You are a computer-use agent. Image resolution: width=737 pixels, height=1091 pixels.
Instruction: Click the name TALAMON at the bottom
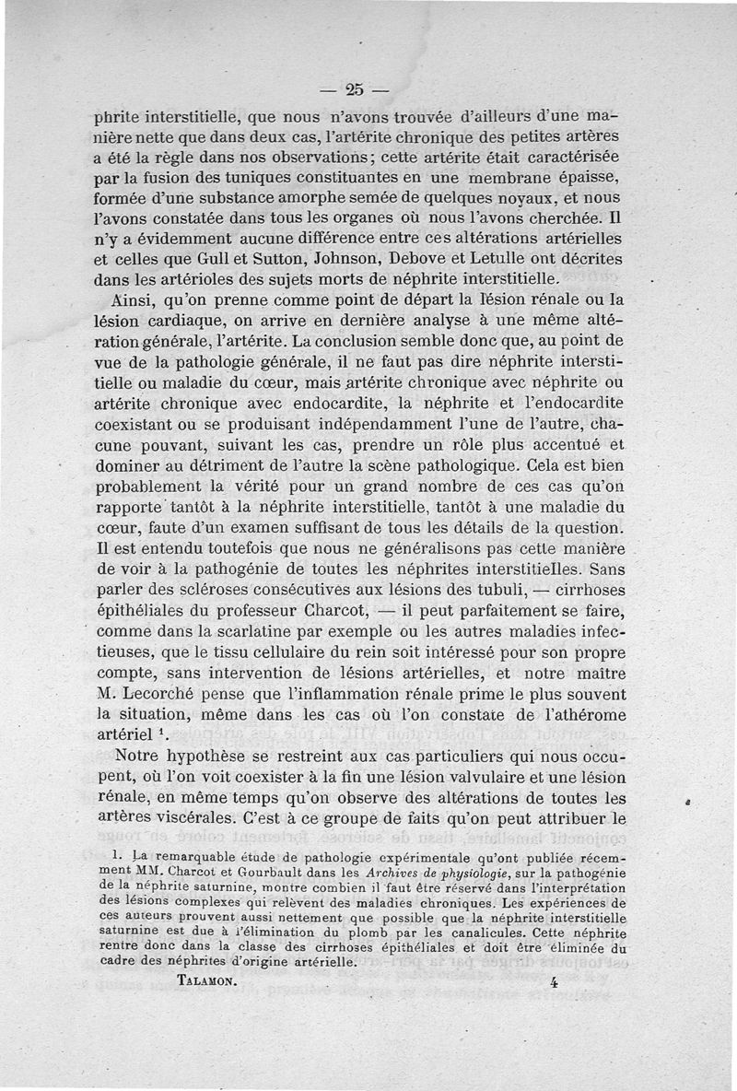pyautogui.click(x=206, y=981)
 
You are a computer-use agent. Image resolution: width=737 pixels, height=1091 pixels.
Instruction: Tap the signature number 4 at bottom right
pyautogui.click(x=554, y=982)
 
